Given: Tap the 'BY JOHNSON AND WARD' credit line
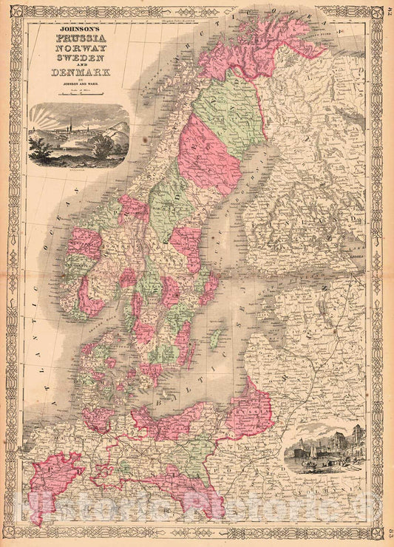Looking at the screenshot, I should coord(77,85).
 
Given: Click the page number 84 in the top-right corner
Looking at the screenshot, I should coord(387,10).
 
